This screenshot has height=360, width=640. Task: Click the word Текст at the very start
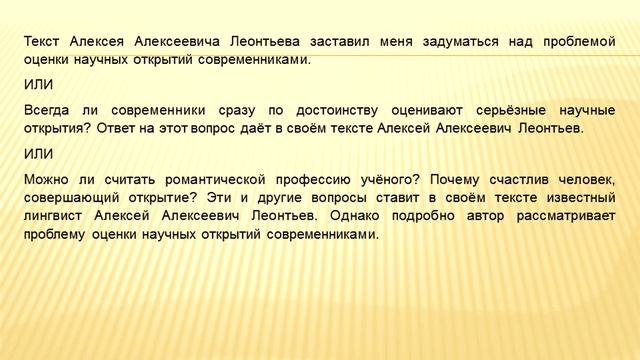(43, 41)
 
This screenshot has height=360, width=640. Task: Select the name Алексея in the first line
(100, 41)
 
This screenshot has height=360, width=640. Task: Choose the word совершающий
(74, 197)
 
